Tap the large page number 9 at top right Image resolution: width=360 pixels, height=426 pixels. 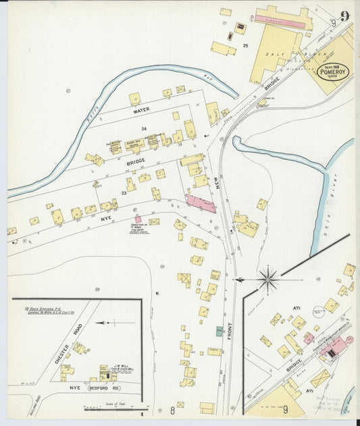tap(344, 17)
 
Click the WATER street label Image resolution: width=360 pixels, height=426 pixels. tap(140, 110)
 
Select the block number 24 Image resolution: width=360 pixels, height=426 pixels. tap(143, 128)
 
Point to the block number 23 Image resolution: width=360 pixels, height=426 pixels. tap(124, 193)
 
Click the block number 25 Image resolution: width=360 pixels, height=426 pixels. tap(246, 45)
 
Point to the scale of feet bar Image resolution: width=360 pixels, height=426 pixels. tap(114, 409)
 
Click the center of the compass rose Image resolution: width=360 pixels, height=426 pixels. tap(268, 277)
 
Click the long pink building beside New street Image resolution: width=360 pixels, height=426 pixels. tap(201, 204)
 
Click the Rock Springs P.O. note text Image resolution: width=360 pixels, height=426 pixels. tap(50, 310)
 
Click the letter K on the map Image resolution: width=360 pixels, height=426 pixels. tap(156, 293)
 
